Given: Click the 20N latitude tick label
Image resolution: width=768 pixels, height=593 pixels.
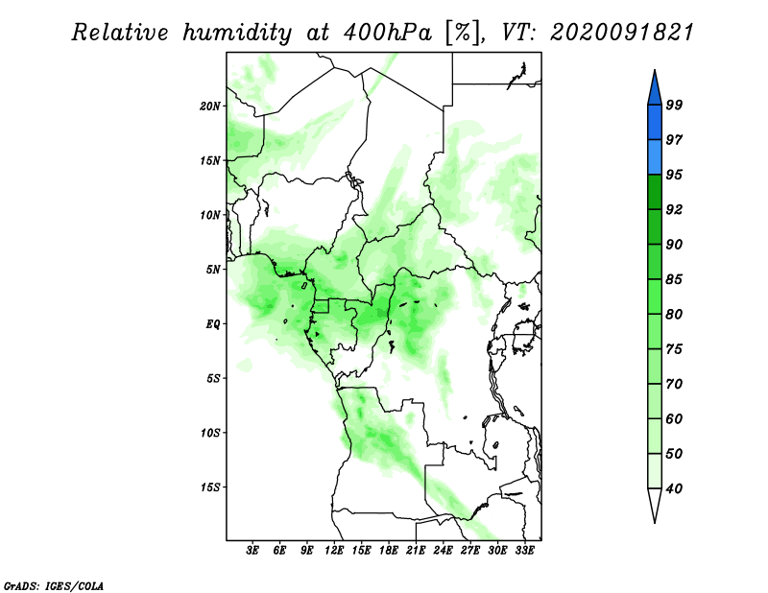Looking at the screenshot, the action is point(210,107).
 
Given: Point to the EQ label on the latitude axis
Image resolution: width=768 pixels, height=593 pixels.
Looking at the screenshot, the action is point(213,324).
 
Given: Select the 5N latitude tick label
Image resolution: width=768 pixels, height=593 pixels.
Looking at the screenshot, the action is point(213,270).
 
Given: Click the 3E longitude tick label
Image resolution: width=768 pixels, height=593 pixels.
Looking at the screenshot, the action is point(252,551).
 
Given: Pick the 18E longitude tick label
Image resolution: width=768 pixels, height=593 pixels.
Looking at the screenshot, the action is point(389,551).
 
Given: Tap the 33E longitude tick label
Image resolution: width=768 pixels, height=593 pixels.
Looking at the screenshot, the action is point(524,551).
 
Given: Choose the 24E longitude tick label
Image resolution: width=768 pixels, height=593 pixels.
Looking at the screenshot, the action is point(443,551).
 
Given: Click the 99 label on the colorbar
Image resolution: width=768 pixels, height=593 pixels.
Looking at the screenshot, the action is point(674,105).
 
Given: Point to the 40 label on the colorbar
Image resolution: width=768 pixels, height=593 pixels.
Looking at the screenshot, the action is point(674,488).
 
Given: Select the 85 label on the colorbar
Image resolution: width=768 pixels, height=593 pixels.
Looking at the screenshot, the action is point(674,279).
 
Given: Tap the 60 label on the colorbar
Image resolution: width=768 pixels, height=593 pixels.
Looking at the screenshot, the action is point(674,418).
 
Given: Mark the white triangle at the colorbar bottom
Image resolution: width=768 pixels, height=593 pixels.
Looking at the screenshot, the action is point(655,504).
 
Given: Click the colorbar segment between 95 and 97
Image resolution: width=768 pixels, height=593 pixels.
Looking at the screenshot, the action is point(655,157).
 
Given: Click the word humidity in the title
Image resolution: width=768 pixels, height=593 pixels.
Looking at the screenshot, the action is point(237,34).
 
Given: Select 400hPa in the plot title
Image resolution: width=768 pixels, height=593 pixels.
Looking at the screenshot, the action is point(388,33).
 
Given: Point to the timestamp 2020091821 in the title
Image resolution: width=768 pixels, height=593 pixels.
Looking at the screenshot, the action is point(622,33).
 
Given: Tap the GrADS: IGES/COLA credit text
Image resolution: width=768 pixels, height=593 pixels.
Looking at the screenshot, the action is point(54,585).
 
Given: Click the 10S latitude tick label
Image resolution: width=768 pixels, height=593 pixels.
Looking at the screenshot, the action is point(210,433).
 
